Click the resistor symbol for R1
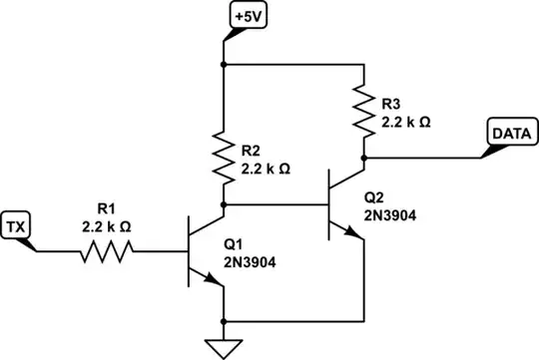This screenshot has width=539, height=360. [106, 251]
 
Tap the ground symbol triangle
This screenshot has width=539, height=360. [223, 347]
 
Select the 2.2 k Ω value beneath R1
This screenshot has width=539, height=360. [106, 226]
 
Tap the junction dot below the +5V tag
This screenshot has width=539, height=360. [223, 64]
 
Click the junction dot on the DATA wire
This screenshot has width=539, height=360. [366, 157]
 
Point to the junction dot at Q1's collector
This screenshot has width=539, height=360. [223, 205]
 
